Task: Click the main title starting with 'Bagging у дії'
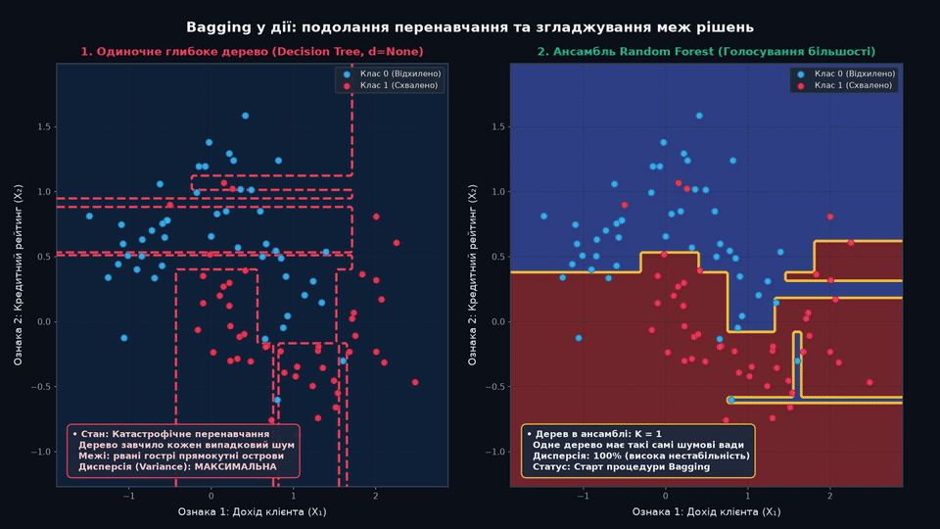click(470, 27)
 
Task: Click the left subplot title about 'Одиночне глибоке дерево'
click(253, 52)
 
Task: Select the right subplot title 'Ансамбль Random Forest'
click(706, 52)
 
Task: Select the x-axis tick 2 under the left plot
click(376, 496)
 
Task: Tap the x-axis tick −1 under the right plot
click(583, 496)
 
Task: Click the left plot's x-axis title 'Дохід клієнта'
click(252, 511)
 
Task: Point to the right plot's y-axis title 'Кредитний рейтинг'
click(472, 275)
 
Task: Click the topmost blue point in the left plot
click(245, 116)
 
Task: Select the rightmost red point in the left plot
click(415, 382)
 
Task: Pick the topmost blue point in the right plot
click(699, 116)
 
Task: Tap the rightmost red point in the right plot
click(869, 382)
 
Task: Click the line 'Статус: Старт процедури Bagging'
click(621, 466)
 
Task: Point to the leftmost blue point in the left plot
click(89, 216)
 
